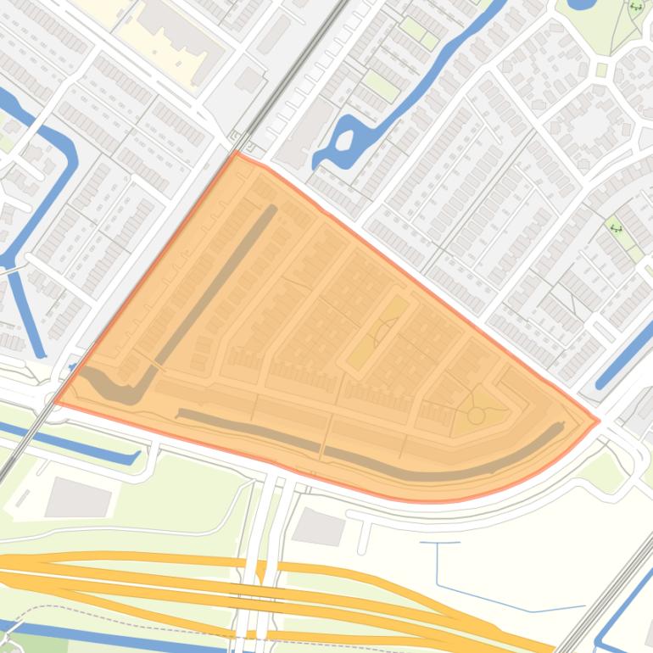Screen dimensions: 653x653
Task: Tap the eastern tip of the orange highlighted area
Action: click(599, 420)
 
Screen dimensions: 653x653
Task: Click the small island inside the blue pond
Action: click(344, 143)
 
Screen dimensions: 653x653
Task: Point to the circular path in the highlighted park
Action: click(477, 416)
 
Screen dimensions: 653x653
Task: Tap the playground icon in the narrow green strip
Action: click(617, 227)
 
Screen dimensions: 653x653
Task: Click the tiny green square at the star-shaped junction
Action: click(602, 70)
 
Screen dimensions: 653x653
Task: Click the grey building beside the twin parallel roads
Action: click(319, 527)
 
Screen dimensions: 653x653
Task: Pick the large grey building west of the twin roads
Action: click(78, 497)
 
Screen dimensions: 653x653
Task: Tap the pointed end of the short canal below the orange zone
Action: click(136, 458)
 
